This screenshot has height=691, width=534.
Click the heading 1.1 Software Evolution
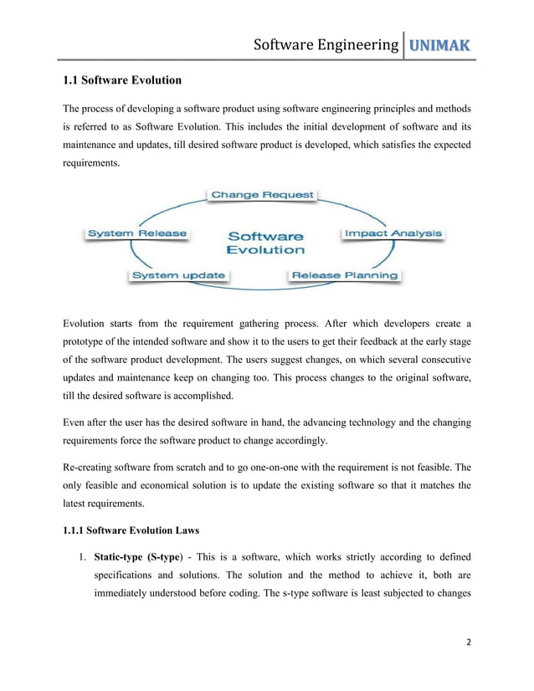pyautogui.click(x=122, y=81)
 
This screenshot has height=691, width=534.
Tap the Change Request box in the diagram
pyautogui.click(x=262, y=195)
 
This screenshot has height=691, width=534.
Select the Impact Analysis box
pyautogui.click(x=392, y=233)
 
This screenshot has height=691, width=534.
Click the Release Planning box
pyautogui.click(x=344, y=274)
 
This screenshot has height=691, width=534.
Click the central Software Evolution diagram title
pyautogui.click(x=266, y=243)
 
